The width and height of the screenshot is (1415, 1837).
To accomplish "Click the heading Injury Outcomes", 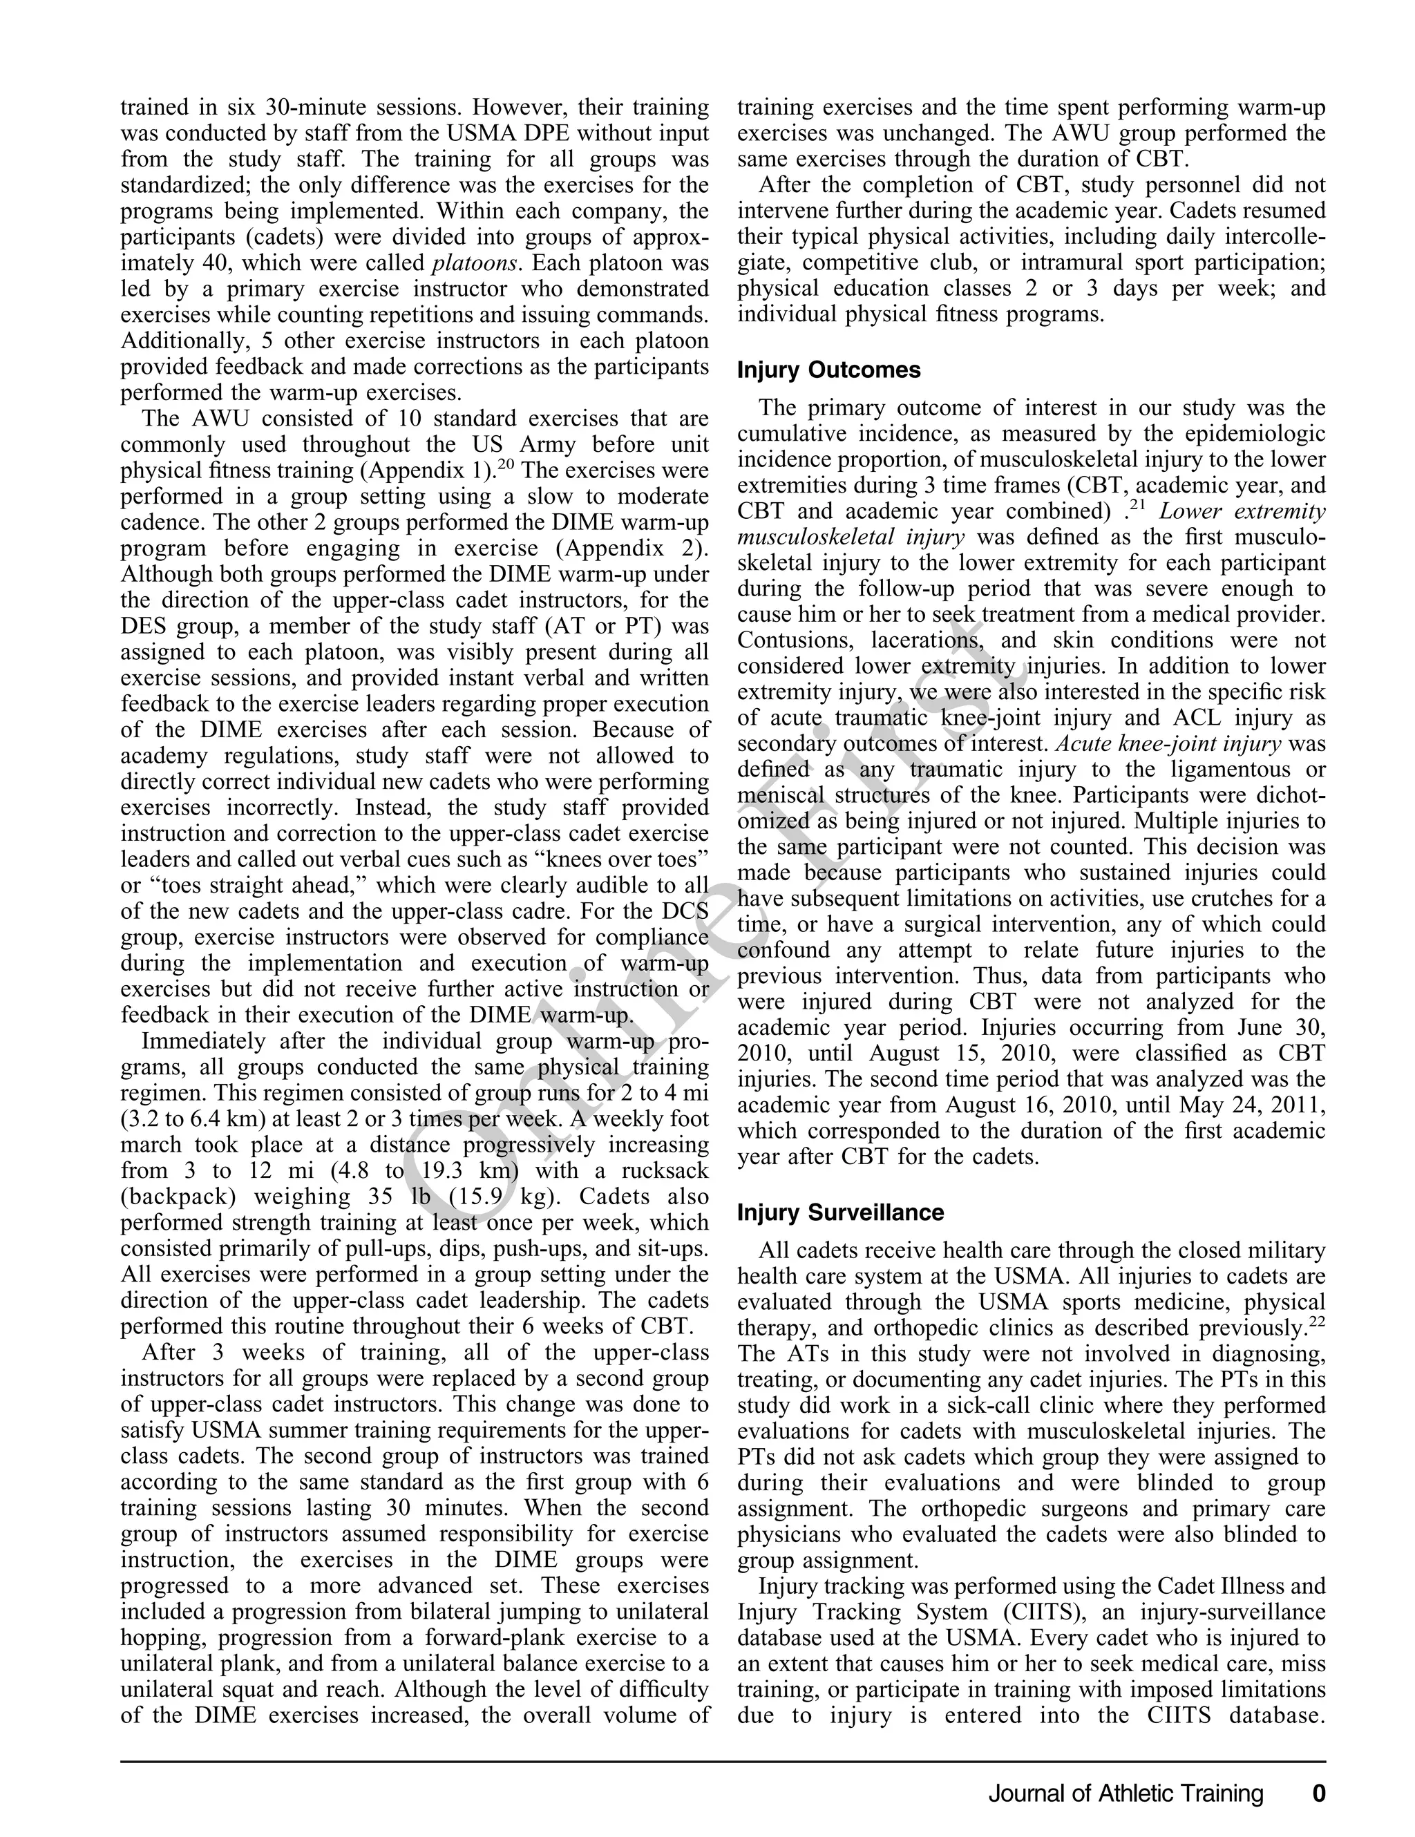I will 828,370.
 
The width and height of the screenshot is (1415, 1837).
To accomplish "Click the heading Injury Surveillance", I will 840,1212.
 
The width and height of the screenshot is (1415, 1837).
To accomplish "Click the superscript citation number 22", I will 1317,1322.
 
